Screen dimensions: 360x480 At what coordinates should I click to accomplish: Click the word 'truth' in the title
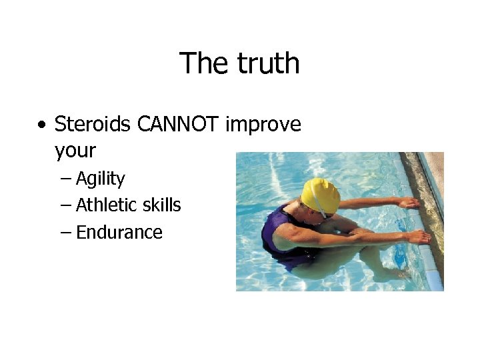[268, 63]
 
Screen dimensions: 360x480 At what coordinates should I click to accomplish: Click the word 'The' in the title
[203, 63]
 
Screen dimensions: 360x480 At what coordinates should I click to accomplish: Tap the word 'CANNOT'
[178, 124]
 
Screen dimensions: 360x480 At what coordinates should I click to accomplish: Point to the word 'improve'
[263, 125]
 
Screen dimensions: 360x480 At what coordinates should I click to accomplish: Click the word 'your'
[75, 151]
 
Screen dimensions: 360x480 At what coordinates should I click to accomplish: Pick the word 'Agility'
[101, 179]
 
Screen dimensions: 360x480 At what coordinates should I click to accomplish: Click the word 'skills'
[164, 205]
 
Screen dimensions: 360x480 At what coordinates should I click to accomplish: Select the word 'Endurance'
[119, 232]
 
